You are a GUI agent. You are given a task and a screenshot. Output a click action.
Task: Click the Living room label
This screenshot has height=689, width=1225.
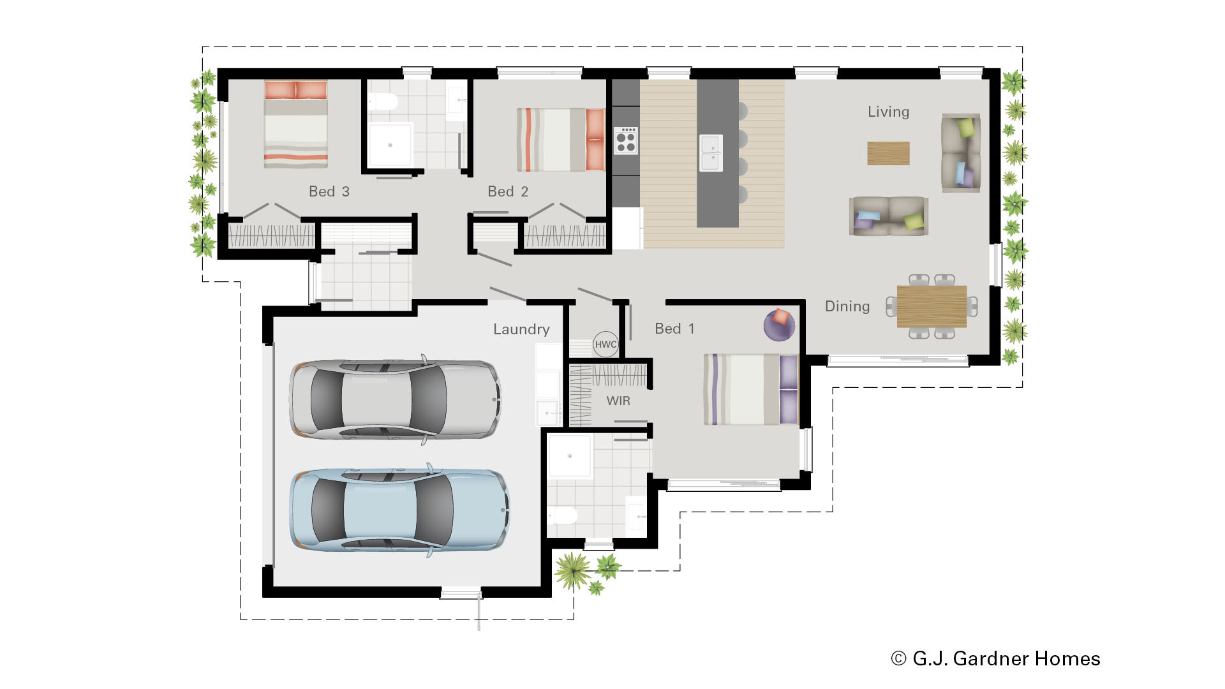pos(888,112)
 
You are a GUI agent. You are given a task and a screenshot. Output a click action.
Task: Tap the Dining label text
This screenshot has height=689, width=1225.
pos(847,306)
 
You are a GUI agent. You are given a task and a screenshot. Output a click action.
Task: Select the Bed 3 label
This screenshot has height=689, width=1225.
pos(329,191)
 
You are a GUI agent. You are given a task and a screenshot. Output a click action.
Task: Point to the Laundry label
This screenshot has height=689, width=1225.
pos(521,329)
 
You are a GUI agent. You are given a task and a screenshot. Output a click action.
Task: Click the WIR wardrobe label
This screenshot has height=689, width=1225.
pos(618,401)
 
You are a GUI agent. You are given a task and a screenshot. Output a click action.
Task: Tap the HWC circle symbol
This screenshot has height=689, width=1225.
pos(605,344)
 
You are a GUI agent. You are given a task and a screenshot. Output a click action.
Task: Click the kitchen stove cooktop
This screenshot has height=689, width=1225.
pos(625,141)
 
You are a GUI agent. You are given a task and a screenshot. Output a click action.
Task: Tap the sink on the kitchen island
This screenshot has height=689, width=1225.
pos(711,153)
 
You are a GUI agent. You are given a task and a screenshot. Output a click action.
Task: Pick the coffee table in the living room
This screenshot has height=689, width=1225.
pos(888,153)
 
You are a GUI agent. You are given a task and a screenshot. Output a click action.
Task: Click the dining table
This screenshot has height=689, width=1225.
pos(932,306)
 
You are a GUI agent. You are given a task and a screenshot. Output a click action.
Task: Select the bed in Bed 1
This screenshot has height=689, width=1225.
pos(750,389)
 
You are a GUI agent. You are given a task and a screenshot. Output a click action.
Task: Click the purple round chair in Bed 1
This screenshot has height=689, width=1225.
pos(779,325)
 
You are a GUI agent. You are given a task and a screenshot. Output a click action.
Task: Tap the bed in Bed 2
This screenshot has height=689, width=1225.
pos(560,140)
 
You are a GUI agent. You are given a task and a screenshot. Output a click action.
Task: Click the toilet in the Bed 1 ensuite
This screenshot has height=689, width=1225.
pos(563,515)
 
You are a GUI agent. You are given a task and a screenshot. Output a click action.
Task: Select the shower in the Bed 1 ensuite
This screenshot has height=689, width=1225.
pos(570,456)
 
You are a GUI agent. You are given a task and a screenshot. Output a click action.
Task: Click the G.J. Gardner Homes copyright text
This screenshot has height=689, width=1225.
pos(995,658)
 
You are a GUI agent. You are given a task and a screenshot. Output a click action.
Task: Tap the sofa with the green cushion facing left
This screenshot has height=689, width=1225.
pos(960,153)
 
